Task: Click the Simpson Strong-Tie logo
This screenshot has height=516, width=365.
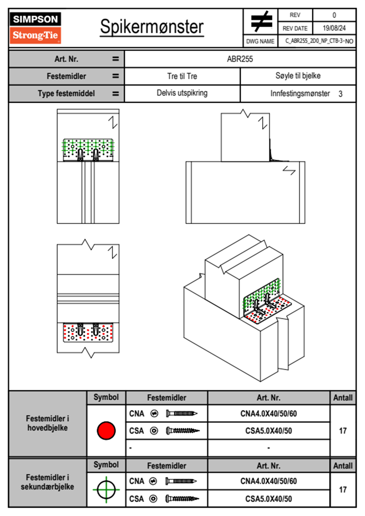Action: (35, 28)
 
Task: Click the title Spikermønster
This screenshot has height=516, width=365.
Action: (152, 27)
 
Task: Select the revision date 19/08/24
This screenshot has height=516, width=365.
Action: (334, 28)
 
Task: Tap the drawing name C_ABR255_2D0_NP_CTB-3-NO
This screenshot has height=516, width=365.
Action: (319, 41)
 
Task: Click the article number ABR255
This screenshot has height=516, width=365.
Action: (240, 59)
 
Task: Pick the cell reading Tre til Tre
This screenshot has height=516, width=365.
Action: (182, 76)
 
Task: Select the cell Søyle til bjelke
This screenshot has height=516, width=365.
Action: (298, 76)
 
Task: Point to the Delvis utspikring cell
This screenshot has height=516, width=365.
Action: (182, 93)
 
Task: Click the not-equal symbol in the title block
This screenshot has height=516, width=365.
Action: (261, 21)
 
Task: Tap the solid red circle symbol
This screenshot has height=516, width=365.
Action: (106, 430)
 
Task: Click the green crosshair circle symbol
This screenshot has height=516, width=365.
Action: (106, 490)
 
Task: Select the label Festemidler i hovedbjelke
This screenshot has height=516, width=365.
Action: (48, 423)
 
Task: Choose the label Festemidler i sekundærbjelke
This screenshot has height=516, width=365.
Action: (48, 482)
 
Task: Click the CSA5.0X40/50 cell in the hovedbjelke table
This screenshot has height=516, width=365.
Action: (268, 431)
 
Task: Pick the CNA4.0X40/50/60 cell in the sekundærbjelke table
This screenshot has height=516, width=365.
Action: (268, 481)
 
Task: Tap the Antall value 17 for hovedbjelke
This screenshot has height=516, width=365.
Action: (343, 431)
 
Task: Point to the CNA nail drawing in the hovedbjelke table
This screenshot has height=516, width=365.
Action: (182, 414)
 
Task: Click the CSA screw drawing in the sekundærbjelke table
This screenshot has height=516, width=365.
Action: (182, 499)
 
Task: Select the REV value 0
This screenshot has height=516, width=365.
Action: (334, 15)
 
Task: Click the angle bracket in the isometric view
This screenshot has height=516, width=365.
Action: (265, 302)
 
